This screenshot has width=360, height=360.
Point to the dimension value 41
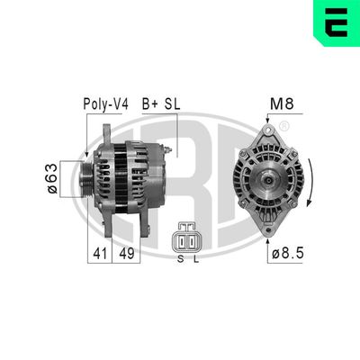coord(99,255)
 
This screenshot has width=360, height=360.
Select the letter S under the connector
coord(180,259)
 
